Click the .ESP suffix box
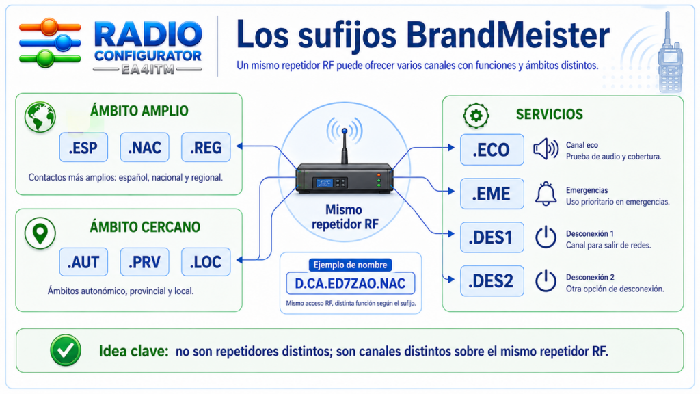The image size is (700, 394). point(83,147)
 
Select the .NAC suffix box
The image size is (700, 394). point(145,147)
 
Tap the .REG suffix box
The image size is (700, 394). point(206,147)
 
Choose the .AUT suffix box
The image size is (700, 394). point(83,262)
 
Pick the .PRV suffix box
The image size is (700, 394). point(145,262)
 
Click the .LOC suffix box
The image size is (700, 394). point(206,262)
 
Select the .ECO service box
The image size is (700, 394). point(492,150)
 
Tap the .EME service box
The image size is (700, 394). point(492,194)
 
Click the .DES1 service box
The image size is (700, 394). point(492,237)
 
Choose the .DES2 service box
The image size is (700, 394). point(492,281)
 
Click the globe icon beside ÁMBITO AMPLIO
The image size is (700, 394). point(40,117)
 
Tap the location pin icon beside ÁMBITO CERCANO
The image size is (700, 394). point(40,233)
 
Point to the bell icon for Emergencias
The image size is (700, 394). point(546,194)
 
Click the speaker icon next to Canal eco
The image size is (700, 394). point(546,148)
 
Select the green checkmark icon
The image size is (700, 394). point(66,351)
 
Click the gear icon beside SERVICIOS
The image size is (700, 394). point(476,115)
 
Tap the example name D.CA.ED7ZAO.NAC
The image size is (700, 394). point(351,283)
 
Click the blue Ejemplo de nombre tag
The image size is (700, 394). point(350,265)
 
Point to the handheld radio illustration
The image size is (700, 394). point(670,53)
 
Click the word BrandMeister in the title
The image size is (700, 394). point(509,35)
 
